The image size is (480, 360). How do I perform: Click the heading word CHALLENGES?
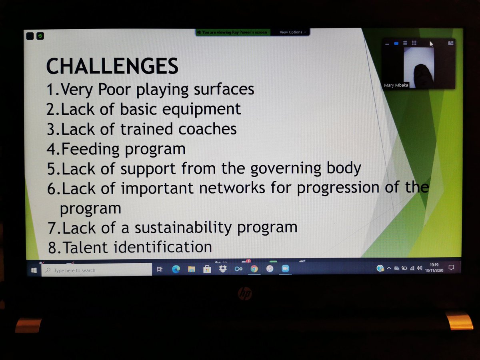(112, 66)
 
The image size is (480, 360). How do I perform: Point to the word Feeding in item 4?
(90, 149)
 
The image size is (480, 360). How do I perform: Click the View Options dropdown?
(293, 32)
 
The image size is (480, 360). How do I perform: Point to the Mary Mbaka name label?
(396, 85)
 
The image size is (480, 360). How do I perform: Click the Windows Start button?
(34, 270)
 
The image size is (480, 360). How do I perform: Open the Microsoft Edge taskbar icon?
(176, 269)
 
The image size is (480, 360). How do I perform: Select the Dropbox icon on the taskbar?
(223, 269)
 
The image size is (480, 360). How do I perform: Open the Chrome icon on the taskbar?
(254, 269)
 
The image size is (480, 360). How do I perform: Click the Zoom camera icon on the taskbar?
(285, 269)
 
